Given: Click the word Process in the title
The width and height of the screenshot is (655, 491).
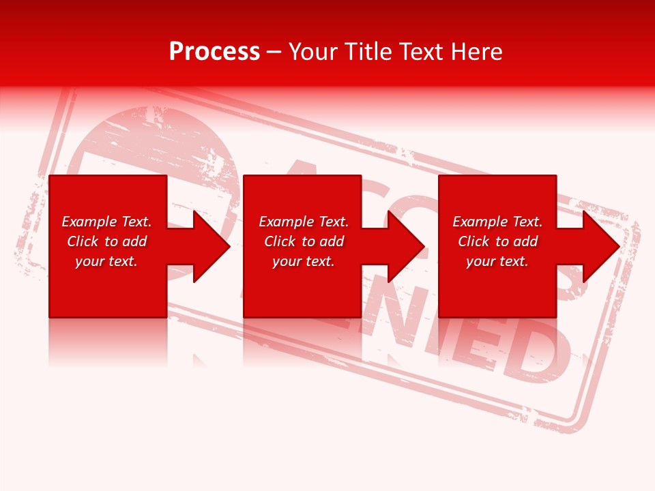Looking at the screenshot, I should pyautogui.click(x=214, y=52).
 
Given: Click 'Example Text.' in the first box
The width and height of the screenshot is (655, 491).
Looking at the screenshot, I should pyautogui.click(x=106, y=222).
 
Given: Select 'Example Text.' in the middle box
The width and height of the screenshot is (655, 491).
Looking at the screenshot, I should pyautogui.click(x=304, y=222).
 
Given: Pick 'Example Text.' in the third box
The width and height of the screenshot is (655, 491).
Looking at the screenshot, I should pyautogui.click(x=497, y=222).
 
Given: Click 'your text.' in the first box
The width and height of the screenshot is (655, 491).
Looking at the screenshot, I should pyautogui.click(x=106, y=261).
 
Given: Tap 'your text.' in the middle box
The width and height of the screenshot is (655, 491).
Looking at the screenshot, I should pyautogui.click(x=304, y=261).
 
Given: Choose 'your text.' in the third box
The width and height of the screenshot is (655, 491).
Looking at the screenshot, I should pyautogui.click(x=497, y=261).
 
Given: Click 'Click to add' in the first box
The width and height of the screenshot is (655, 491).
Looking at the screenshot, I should pyautogui.click(x=106, y=241).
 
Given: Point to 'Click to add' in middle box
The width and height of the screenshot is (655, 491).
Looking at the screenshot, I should pyautogui.click(x=304, y=241).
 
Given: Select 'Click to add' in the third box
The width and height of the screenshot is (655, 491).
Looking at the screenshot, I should pyautogui.click(x=497, y=241).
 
